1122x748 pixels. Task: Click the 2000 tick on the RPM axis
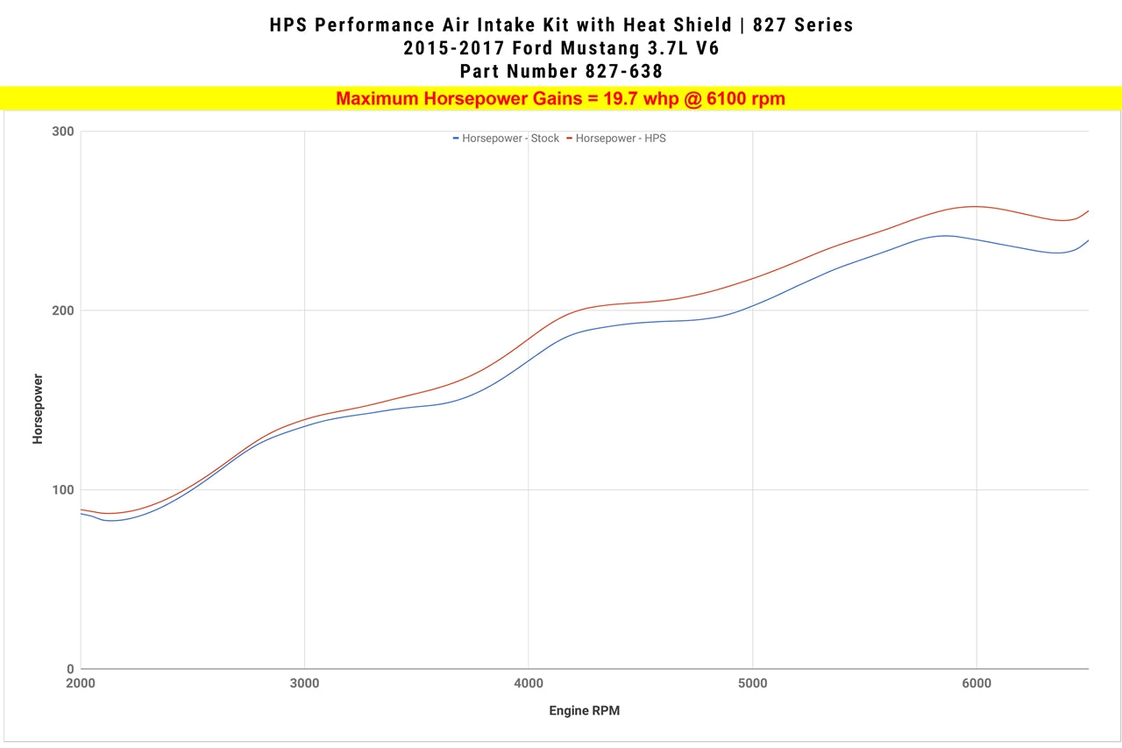pos(81,684)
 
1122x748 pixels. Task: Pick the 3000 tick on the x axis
pos(304,684)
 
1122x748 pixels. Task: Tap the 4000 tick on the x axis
pos(529,684)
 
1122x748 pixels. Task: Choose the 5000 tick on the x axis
pos(752,684)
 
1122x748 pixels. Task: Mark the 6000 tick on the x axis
pos(976,684)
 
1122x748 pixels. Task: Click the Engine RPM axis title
pos(584,711)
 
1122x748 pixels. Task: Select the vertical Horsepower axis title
pos(38,409)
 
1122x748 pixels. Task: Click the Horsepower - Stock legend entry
pos(506,139)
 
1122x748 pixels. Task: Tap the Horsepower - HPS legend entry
pos(616,139)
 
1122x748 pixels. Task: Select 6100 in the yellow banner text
pos(728,99)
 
